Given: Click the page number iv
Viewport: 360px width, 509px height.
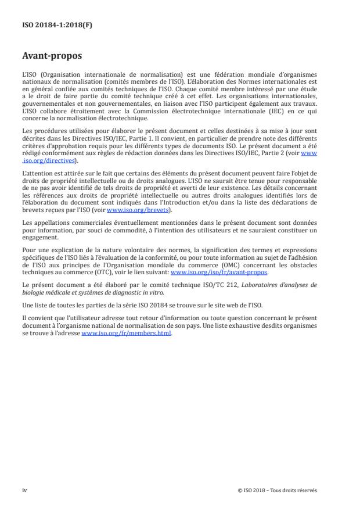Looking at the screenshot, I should click(24, 490).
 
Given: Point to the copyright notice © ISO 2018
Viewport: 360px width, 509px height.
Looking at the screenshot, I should click(255, 490).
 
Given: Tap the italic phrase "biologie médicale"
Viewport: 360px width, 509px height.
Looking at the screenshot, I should click(44, 290).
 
